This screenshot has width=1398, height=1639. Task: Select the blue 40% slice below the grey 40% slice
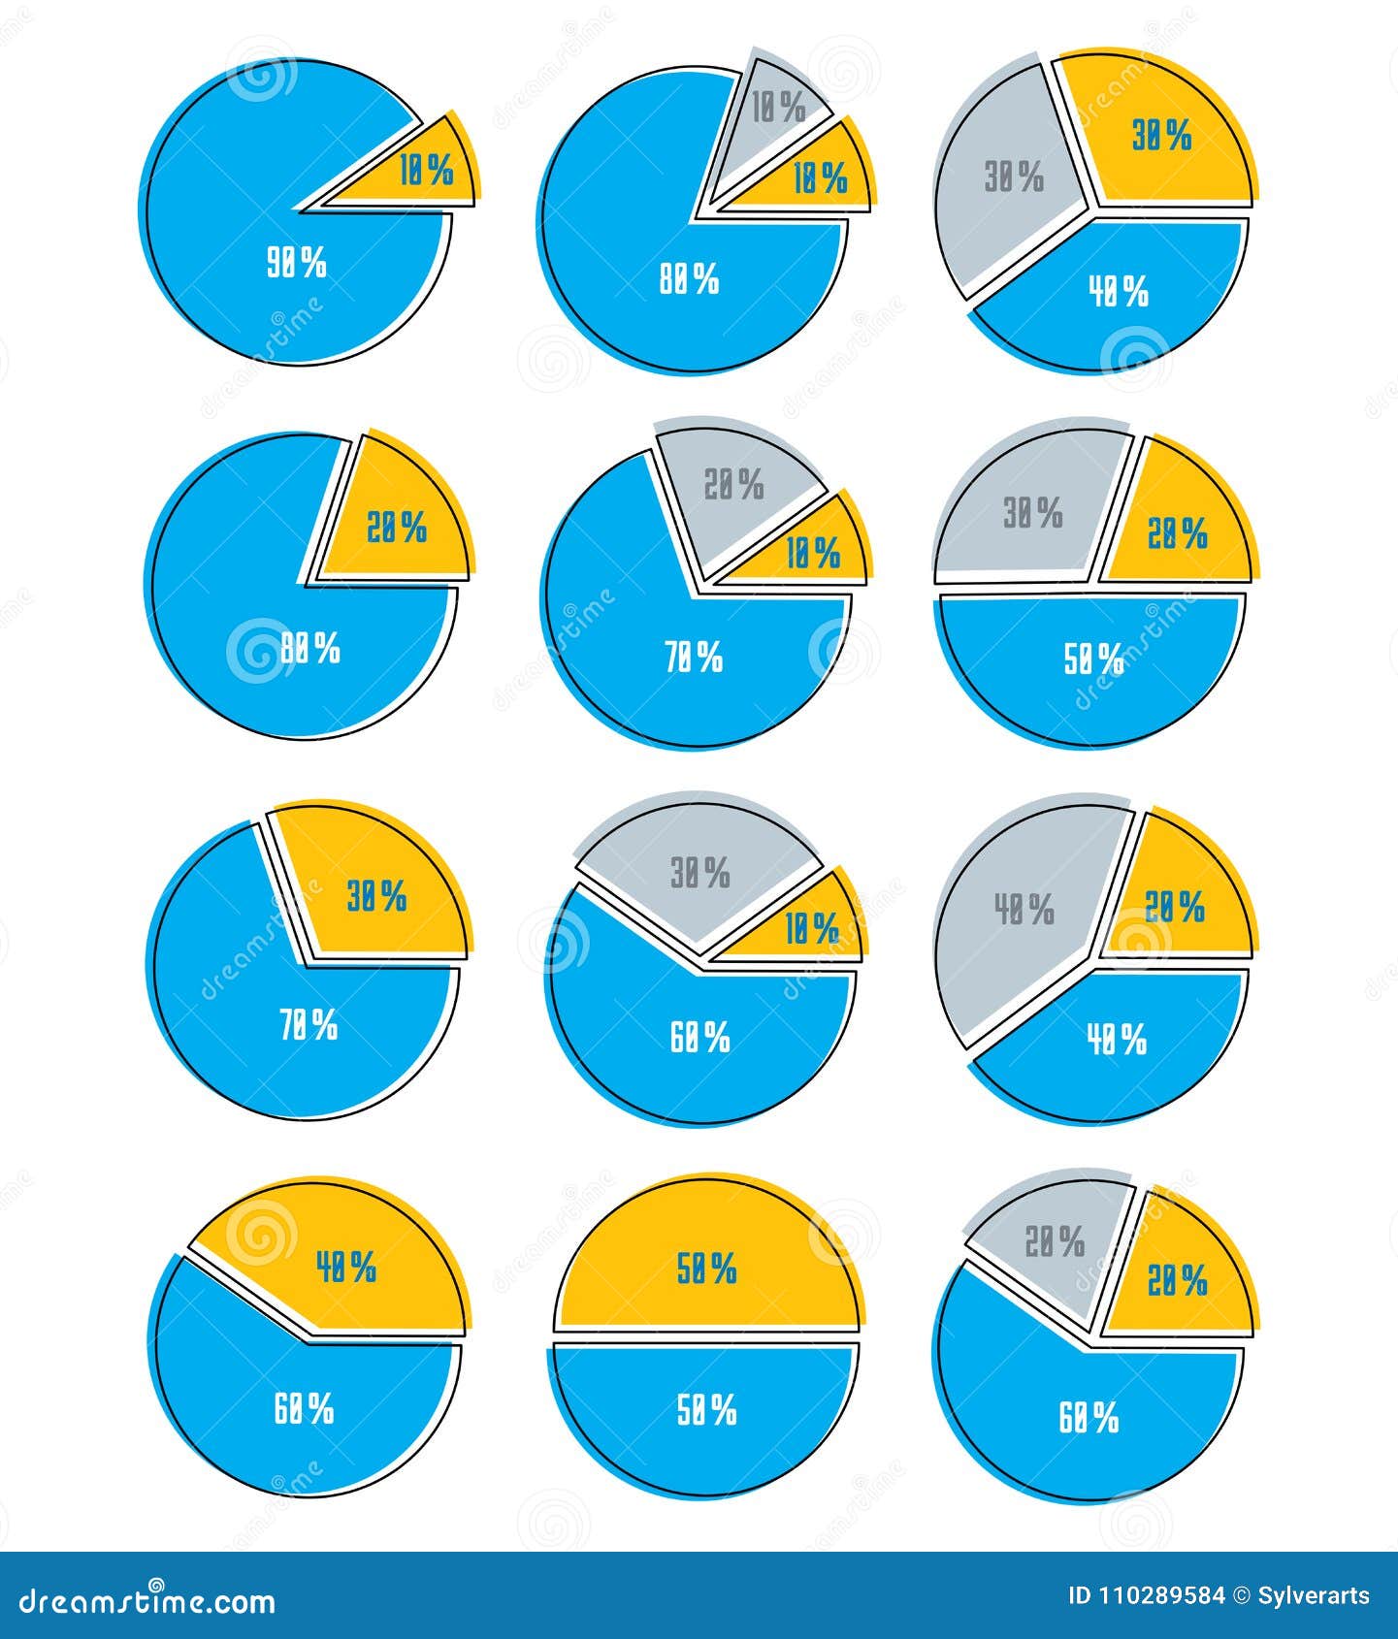tap(1116, 1043)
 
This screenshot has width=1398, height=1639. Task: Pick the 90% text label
tap(297, 263)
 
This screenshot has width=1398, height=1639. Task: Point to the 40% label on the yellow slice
tap(345, 1267)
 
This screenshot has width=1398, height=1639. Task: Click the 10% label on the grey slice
tap(779, 108)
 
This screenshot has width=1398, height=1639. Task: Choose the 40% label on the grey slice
tap(1024, 910)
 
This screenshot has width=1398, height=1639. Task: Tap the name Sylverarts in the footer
tap(1314, 1596)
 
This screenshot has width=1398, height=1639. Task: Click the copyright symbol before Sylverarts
tap(1242, 1596)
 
